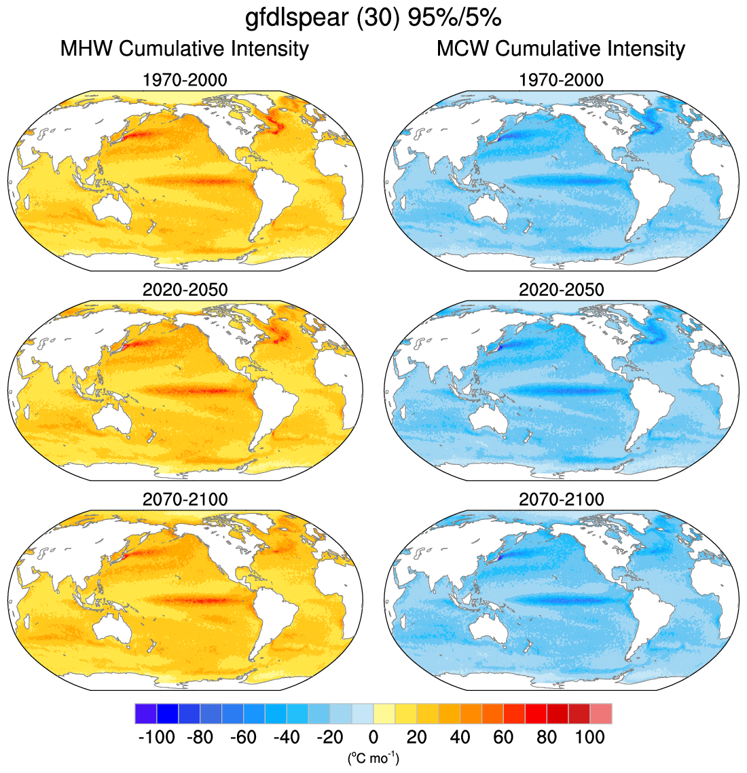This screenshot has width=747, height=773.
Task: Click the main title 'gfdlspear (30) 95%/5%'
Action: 373,18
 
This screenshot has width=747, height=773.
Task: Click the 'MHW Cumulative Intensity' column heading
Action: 185,49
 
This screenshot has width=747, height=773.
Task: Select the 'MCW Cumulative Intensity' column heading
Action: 561,49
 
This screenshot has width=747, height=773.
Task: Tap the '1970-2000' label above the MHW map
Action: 185,80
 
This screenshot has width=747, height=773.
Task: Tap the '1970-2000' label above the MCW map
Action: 561,80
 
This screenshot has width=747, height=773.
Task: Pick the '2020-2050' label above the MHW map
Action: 185,290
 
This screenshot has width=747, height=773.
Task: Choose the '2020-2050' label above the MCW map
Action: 561,290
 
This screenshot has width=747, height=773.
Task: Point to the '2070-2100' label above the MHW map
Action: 185,499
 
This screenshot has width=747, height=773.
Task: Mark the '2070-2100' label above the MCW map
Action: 561,499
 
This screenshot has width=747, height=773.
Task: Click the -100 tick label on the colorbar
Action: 156,737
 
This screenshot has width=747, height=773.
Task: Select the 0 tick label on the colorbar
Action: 373,737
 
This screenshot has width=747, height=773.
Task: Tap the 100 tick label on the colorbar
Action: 589,737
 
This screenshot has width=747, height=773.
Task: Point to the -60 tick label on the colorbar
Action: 243,737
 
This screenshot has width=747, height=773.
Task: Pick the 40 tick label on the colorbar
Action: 460,737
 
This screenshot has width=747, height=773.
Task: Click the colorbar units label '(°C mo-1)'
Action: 373,757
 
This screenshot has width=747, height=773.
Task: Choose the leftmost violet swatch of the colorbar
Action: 145,714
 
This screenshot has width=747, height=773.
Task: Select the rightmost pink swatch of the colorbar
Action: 601,714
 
